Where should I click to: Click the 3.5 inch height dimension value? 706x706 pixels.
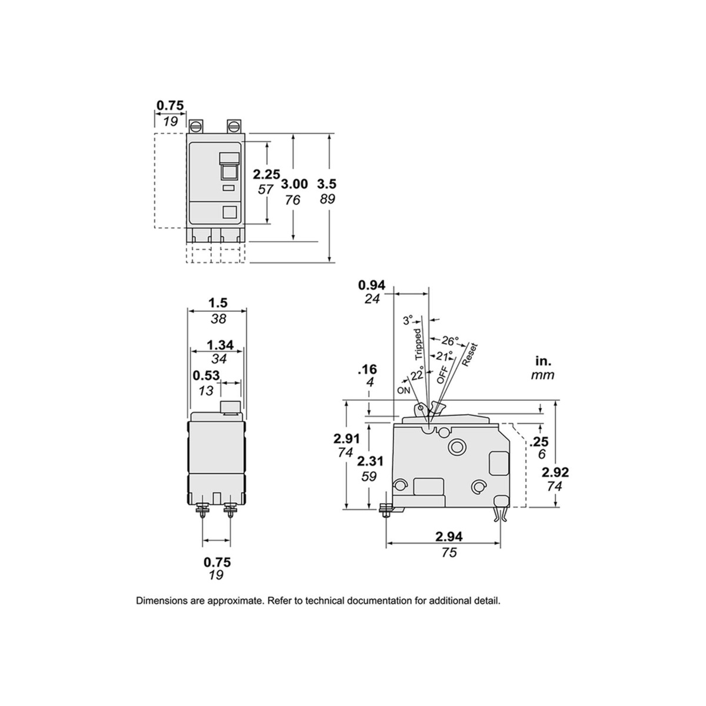click(x=327, y=184)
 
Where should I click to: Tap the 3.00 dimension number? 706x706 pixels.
click(x=294, y=184)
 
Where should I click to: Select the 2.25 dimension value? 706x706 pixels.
click(x=267, y=174)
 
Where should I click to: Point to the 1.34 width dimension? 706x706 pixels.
click(x=220, y=345)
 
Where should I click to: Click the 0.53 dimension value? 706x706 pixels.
click(x=206, y=375)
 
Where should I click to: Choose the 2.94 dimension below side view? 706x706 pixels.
click(x=449, y=537)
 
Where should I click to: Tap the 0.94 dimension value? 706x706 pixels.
click(x=372, y=285)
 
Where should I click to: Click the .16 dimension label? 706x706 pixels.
click(x=367, y=369)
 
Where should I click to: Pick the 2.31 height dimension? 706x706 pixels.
click(x=370, y=461)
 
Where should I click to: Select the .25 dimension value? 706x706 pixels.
click(x=538, y=442)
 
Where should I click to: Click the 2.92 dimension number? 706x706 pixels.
click(x=555, y=472)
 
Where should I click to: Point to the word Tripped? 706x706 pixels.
click(x=418, y=344)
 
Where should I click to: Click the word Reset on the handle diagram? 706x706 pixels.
click(x=469, y=354)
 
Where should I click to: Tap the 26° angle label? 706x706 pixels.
click(x=449, y=341)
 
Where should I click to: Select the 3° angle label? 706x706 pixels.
click(x=408, y=321)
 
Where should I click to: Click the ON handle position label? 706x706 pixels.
click(x=404, y=391)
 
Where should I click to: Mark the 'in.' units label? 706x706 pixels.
click(x=543, y=361)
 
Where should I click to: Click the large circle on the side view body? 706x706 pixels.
click(x=457, y=446)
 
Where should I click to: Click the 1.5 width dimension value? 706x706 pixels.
click(x=218, y=303)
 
